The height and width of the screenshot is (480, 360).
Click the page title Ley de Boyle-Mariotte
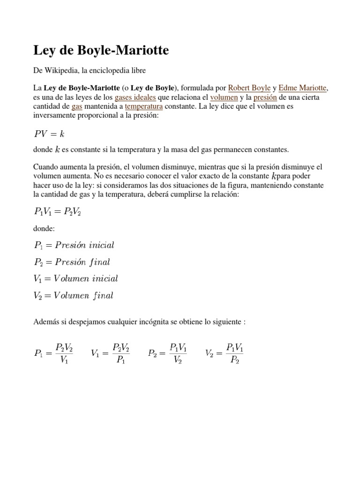point(101,50)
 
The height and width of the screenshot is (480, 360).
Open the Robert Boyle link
point(249,88)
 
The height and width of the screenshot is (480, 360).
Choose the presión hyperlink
point(265,97)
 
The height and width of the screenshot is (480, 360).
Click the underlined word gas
point(77,106)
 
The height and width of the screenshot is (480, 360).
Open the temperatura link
point(144,106)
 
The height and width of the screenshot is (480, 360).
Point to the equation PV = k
point(49,134)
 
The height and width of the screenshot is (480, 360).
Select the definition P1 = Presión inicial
point(74,245)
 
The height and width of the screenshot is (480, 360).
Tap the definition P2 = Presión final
point(72,262)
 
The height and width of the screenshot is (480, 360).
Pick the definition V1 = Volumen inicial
point(76,278)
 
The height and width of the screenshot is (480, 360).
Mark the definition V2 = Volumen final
point(74,295)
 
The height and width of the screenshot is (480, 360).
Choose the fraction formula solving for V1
point(110,353)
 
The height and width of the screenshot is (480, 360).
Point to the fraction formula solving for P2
point(167,353)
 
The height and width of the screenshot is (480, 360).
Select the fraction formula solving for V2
point(224,353)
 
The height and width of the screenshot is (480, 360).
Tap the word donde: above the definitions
point(45,228)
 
